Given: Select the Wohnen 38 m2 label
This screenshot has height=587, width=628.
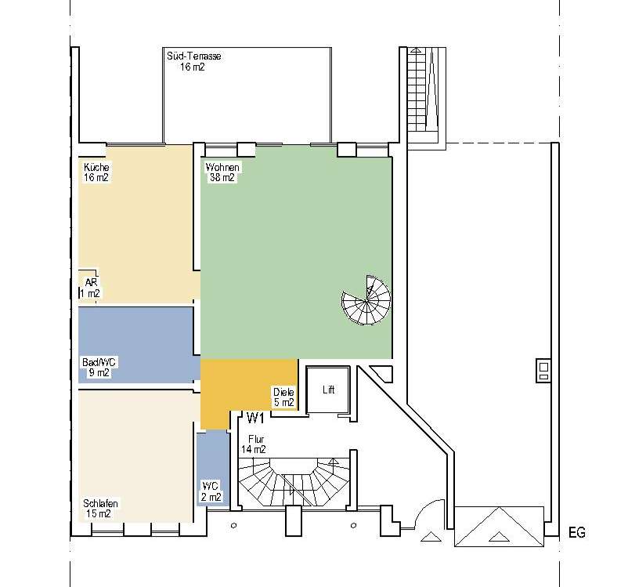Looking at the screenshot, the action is [222, 172].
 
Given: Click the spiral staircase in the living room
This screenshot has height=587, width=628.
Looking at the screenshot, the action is [366, 300].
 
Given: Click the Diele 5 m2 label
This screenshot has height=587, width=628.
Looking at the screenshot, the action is [283, 397].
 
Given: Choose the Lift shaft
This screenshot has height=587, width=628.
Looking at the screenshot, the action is [328, 390].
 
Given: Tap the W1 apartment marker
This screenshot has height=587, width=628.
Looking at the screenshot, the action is [255, 419].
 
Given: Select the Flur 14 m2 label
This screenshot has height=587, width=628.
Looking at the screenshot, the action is [254, 444].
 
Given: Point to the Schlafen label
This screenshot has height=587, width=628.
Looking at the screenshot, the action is [100, 503].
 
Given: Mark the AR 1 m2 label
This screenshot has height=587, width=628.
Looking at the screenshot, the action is [90, 288].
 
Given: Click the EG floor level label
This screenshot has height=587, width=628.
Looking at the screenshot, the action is [577, 532].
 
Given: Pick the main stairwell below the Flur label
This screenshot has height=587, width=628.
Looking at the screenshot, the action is [294, 483].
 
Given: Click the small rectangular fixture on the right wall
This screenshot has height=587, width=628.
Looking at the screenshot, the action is [543, 371].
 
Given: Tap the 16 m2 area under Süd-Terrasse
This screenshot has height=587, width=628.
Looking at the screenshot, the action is [193, 67].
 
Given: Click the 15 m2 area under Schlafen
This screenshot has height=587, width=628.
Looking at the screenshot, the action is [98, 513].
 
